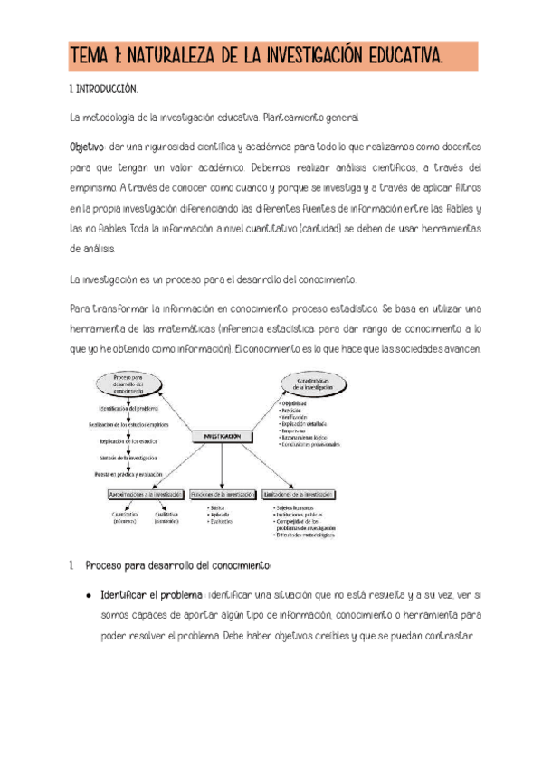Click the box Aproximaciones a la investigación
click(141, 495)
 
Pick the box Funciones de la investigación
click(223, 495)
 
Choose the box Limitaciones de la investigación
click(299, 495)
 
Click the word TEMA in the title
click(94, 57)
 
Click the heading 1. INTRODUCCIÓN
click(103, 90)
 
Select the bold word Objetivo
click(87, 147)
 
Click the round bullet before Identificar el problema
click(88, 596)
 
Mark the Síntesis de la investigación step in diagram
click(128, 459)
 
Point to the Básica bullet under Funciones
click(217, 509)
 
